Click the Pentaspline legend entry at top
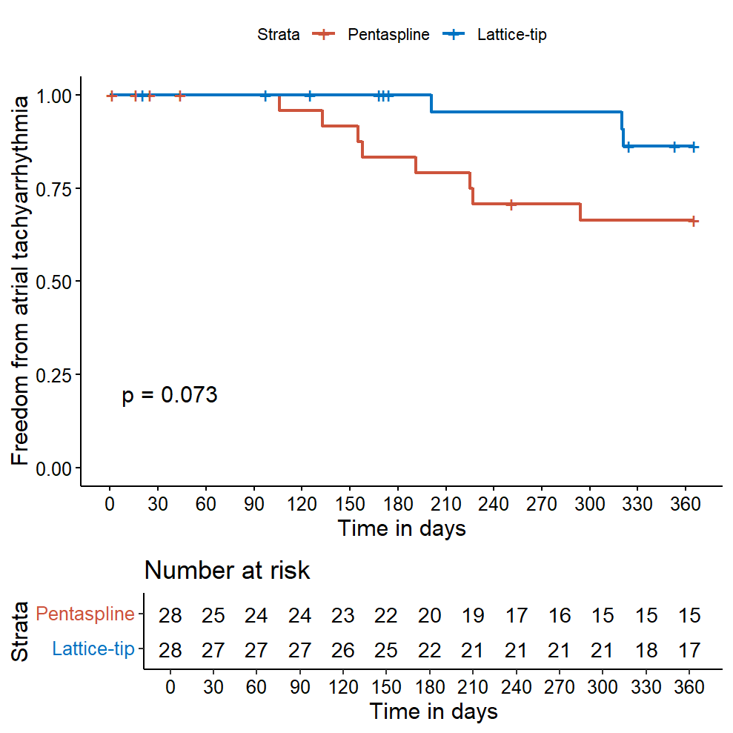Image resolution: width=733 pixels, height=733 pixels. click(x=388, y=34)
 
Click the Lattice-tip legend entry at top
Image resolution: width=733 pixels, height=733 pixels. click(x=512, y=34)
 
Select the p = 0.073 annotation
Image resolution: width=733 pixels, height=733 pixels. click(x=170, y=395)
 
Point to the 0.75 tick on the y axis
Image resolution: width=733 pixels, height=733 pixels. click(x=54, y=189)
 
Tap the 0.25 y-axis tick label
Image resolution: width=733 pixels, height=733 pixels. click(x=54, y=375)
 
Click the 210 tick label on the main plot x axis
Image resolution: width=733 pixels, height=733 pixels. click(x=446, y=504)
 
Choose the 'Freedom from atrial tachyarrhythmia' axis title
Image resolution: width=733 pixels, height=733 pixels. click(x=22, y=281)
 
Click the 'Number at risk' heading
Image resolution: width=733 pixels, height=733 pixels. click(x=227, y=571)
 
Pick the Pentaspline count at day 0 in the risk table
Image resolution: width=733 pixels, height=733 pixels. click(x=170, y=616)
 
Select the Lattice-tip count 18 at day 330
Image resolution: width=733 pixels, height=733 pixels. click(x=646, y=650)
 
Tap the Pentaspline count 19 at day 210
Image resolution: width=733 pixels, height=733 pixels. click(x=473, y=616)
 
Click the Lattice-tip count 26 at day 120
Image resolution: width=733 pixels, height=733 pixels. click(x=342, y=650)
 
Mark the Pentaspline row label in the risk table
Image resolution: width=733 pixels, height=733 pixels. click(x=85, y=614)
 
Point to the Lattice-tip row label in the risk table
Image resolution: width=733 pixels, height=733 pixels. click(x=93, y=649)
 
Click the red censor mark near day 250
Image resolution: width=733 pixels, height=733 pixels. click(x=511, y=204)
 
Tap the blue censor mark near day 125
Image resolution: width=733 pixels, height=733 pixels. click(x=311, y=95)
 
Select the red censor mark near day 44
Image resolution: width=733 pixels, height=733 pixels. click(x=180, y=95)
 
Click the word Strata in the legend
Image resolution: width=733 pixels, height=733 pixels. click(x=279, y=34)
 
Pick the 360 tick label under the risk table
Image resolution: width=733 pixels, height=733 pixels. click(x=689, y=687)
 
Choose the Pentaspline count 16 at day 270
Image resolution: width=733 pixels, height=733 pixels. click(x=560, y=616)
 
